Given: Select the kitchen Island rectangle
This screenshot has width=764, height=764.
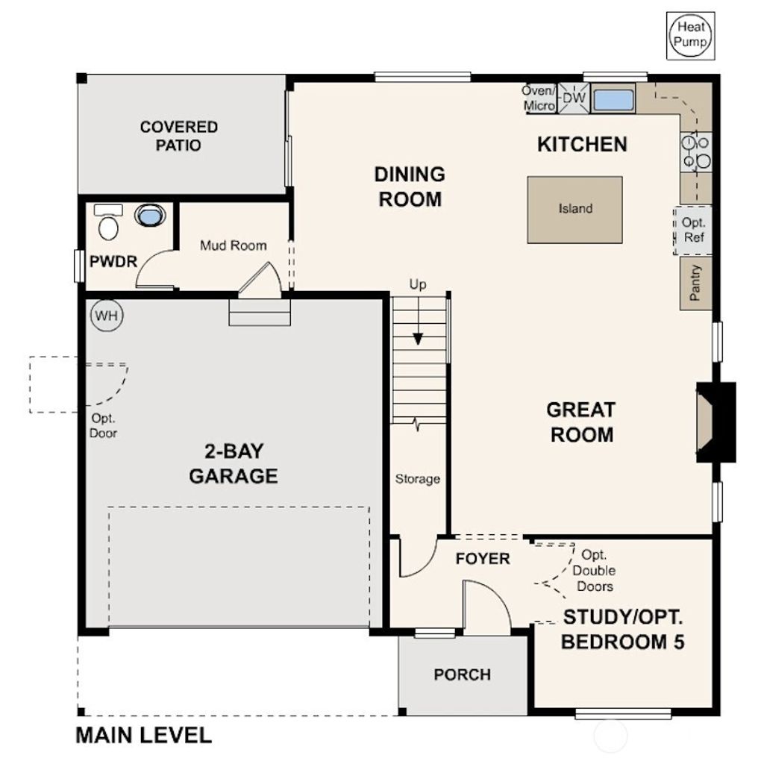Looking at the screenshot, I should [574, 209].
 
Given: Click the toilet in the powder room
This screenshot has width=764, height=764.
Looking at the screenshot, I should [108, 223].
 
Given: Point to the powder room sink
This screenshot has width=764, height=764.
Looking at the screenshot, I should [148, 216].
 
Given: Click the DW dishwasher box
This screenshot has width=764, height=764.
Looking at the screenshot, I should [574, 98].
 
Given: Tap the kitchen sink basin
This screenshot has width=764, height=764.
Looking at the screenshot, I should [613, 99].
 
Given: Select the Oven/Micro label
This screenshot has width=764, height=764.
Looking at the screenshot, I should [539, 98].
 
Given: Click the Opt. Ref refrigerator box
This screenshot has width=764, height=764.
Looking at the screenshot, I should [693, 231].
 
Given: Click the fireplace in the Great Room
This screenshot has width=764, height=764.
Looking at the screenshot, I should [713, 422].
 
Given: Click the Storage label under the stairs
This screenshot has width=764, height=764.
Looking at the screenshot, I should [417, 479].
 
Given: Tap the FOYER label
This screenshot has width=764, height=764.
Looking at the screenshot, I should [483, 558].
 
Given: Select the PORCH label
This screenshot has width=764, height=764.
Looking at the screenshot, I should [463, 674].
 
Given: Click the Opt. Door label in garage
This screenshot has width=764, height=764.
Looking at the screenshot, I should [103, 425].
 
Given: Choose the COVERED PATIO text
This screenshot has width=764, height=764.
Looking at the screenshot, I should [179, 136].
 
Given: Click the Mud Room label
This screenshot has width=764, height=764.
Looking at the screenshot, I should [233, 245].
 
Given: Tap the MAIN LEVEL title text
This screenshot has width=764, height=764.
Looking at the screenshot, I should [143, 735].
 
